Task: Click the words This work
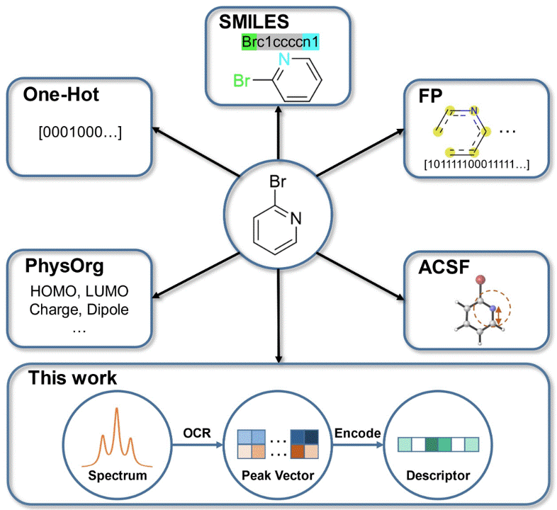72,378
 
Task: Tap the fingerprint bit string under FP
476,166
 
